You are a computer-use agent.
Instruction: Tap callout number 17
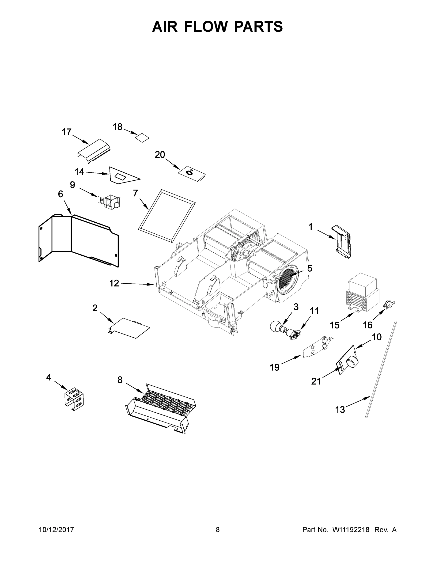(x=67, y=132)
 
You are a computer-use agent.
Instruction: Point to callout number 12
(x=114, y=283)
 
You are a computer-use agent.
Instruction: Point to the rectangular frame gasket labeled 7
(x=167, y=216)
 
